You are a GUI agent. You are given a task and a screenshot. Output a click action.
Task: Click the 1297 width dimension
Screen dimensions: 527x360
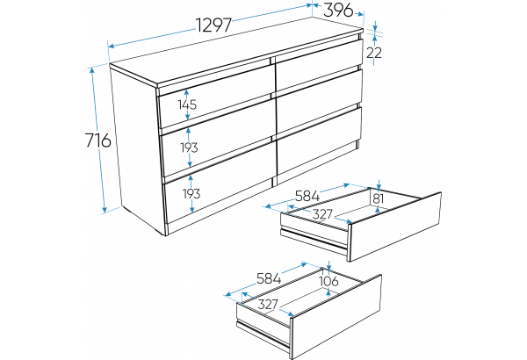point(214,25)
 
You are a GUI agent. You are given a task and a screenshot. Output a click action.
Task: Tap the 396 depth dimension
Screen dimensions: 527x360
point(338,11)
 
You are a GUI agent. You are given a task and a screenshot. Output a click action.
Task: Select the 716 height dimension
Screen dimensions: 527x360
point(97,140)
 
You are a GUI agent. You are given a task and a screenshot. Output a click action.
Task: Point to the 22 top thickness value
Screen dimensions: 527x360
point(374,53)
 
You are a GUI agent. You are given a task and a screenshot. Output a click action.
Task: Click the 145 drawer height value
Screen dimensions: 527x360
point(187,104)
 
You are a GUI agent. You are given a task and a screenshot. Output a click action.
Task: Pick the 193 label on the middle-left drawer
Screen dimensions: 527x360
point(189,148)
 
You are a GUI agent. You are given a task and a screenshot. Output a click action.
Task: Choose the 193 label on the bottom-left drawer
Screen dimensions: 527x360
point(191,194)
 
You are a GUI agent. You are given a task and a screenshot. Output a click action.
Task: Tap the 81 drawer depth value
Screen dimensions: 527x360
point(379,198)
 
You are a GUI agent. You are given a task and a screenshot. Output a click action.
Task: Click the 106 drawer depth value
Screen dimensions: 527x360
point(328,281)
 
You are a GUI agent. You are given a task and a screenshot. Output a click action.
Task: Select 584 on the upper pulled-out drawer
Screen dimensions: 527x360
point(307,196)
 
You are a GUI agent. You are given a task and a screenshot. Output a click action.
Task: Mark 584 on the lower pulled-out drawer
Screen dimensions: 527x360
point(269,278)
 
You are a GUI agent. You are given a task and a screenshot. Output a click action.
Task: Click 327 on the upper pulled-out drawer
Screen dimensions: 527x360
point(322,214)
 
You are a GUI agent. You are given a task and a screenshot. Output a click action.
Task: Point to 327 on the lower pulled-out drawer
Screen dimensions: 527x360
point(268,305)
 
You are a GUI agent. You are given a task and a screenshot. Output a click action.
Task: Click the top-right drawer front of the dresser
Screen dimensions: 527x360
point(318,64)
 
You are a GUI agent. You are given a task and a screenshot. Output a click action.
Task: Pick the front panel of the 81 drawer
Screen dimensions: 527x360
point(395,227)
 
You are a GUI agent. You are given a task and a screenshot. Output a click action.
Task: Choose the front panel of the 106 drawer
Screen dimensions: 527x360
point(336,317)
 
